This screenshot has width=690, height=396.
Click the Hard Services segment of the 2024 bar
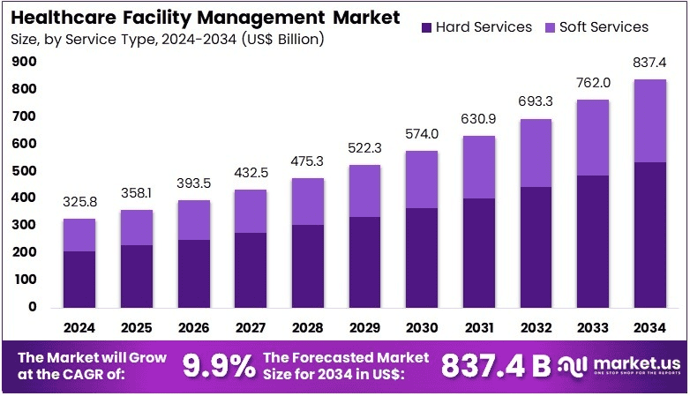[x=79, y=279]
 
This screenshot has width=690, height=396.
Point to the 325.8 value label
[x=79, y=202]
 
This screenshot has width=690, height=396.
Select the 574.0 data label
[x=421, y=134]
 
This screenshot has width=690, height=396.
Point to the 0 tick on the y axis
[x=33, y=307]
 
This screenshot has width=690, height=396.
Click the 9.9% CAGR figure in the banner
[x=219, y=365]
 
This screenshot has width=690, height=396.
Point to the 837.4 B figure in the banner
[x=495, y=365]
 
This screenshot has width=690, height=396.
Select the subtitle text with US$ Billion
[x=168, y=39]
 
